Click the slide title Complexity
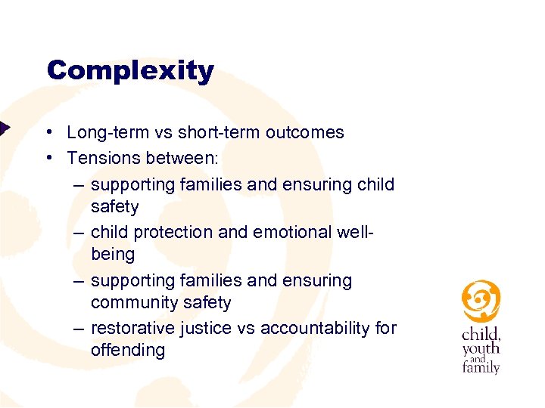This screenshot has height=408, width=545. click(130, 71)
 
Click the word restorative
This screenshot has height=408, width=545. click(132, 328)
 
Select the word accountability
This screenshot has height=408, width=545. click(315, 328)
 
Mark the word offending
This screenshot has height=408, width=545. click(127, 351)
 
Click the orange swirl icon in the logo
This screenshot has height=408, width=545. click(481, 301)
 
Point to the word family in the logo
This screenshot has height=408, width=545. click(481, 368)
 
